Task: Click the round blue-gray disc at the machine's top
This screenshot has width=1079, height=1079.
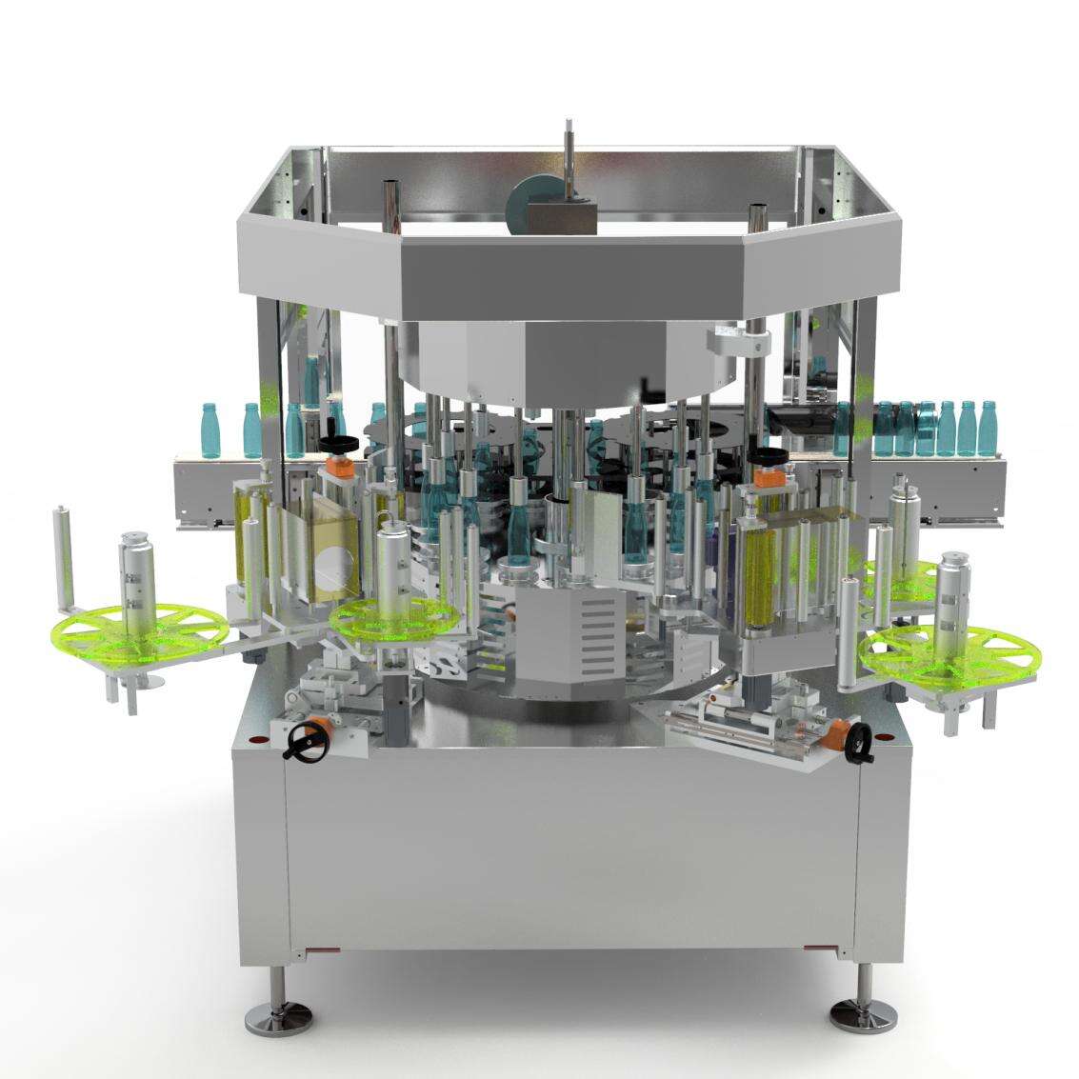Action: (534, 203)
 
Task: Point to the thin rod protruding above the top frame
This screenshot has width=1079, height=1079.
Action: (569, 152)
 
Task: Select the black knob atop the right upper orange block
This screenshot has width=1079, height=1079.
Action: (768, 455)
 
